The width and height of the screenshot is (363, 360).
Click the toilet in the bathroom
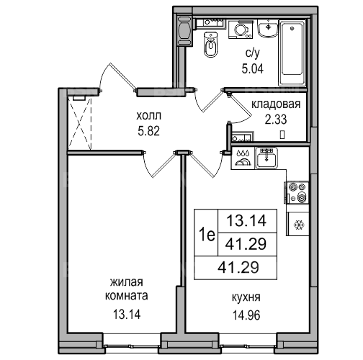(x=211, y=44)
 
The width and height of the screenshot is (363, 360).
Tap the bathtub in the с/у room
(x=292, y=53)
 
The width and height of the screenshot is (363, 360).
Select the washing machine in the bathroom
(x=241, y=30)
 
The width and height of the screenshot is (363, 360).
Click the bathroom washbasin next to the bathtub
(x=268, y=29)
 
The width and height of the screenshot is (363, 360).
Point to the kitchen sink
(x=266, y=158)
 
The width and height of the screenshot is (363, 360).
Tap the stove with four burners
(x=297, y=193)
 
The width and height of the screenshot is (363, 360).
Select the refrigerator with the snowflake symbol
(x=297, y=223)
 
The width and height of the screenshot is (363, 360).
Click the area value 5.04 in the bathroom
(x=253, y=69)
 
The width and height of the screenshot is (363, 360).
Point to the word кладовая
(x=276, y=104)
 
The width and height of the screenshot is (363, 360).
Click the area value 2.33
(x=276, y=120)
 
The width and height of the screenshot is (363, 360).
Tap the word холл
(x=149, y=116)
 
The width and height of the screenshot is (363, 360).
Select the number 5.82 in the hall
(x=149, y=131)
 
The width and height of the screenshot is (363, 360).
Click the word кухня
(x=246, y=297)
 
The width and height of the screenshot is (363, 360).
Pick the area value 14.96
(x=246, y=315)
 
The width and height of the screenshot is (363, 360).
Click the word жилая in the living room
(x=127, y=282)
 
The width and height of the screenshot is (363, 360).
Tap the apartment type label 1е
(x=207, y=235)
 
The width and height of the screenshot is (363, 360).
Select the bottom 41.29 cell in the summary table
(x=238, y=267)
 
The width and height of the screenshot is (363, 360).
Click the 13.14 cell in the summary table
(x=246, y=220)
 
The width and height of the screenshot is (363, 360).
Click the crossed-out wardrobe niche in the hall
(x=80, y=123)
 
